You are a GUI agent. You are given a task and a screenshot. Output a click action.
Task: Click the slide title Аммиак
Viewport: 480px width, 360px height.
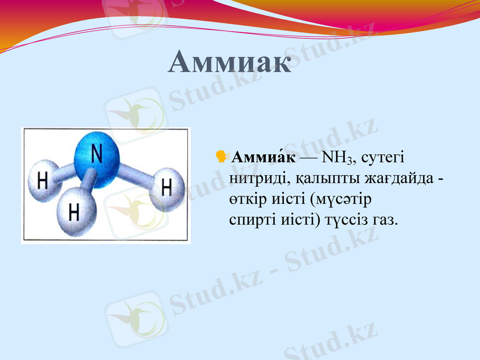(x=230, y=62)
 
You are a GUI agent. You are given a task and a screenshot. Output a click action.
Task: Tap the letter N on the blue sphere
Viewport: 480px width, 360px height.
(x=96, y=154)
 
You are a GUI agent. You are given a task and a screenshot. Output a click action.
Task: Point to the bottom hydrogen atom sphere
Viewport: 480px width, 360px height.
(x=74, y=211)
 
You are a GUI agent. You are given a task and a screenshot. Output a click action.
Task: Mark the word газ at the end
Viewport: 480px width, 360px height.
(x=385, y=220)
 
